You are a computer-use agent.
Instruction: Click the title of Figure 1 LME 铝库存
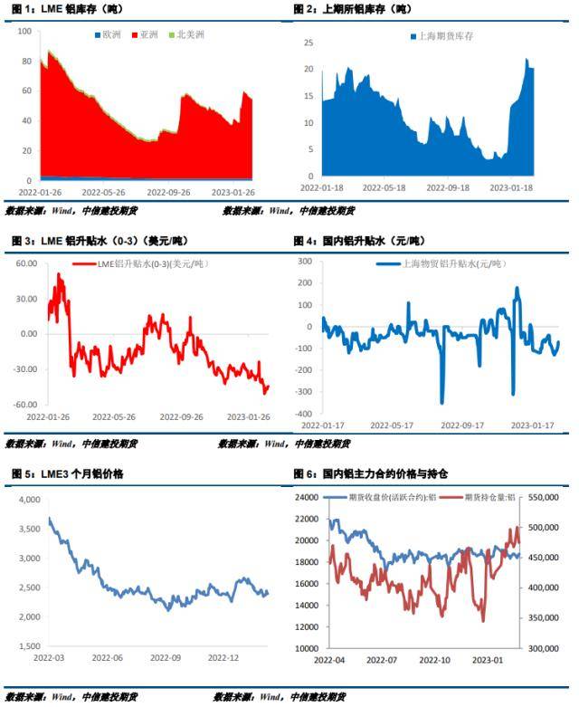coord(69,8)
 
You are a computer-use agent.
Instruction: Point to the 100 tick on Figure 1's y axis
coord(24,31)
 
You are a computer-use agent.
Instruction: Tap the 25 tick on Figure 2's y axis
coord(308,43)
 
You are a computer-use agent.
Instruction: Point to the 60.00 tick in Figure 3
coord(26,263)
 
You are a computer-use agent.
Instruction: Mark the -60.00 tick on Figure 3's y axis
coord(24,405)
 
